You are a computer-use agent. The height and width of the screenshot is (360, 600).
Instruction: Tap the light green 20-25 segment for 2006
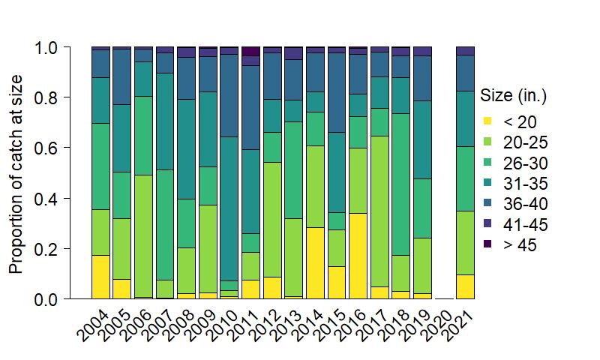[143, 236]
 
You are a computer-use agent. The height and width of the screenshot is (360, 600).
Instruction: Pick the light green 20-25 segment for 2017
[380, 211]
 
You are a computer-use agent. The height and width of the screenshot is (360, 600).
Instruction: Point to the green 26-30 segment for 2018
[401, 184]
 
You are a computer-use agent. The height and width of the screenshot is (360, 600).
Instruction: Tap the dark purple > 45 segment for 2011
[250, 51]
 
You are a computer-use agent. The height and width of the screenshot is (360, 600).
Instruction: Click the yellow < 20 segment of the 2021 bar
[466, 286]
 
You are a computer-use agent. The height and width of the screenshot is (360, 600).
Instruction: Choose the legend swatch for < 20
[487, 121]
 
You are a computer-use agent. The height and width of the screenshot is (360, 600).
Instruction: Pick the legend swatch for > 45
[487, 244]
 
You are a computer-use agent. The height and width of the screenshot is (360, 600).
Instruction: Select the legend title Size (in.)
[514, 96]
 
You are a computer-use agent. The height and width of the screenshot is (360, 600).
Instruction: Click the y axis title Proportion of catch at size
[16, 173]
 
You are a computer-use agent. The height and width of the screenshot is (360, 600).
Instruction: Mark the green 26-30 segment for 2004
[100, 166]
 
